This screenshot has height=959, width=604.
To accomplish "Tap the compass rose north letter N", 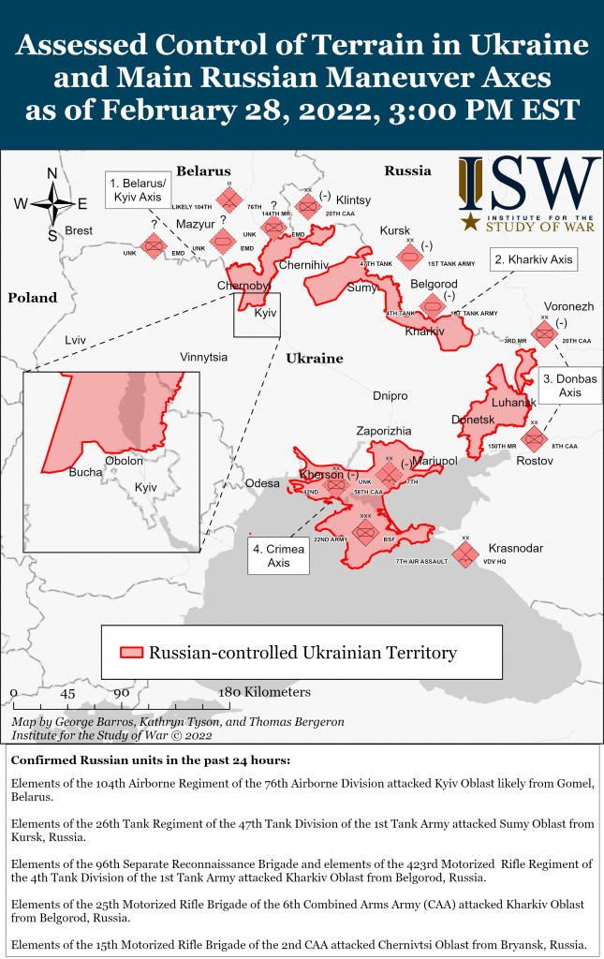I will pos(52,173).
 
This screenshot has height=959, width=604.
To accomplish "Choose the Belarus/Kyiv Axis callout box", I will pos(138,190).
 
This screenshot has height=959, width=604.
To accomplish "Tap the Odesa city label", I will pos(262,483).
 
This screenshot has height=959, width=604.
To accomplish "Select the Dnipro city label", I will pos(390,396).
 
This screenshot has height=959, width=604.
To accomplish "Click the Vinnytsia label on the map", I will pos(203,357).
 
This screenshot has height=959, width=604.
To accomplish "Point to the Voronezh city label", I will pos(568,306).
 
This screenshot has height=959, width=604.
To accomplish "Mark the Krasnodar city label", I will pos(515,548).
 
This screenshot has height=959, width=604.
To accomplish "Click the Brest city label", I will pos(80,230).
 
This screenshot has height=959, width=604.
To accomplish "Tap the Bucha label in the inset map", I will pos(85,472).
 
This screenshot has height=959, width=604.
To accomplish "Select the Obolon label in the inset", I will pos(124,461).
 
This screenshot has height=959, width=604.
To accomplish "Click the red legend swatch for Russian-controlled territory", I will pos(131,653).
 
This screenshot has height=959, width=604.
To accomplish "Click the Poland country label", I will pos(32,298).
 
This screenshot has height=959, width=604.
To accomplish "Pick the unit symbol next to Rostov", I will pos(534,437).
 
